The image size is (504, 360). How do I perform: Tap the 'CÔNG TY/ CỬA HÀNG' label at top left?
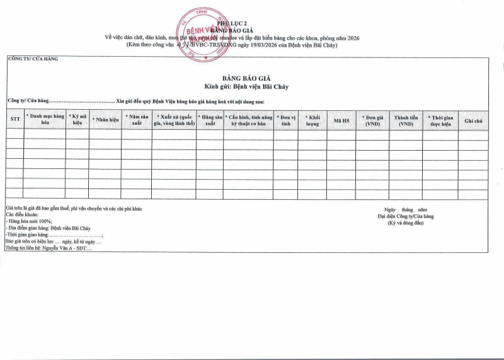[33, 59]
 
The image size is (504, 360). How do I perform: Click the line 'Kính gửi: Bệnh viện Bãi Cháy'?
[246, 86]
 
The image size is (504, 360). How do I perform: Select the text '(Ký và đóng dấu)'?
[405, 223]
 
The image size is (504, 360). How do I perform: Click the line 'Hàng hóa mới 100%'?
[30, 221]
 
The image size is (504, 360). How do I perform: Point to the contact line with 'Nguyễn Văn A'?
[49, 248]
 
